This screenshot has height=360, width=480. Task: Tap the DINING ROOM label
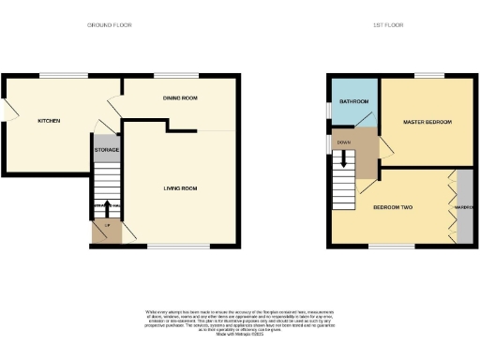pyautogui.click(x=179, y=97)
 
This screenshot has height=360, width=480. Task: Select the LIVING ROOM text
pyautogui.click(x=181, y=188)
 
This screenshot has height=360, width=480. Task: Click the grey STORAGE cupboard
pyautogui.click(x=105, y=148)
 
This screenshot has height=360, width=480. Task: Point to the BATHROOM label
pyautogui.click(x=353, y=101)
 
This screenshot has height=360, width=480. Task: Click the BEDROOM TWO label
pyautogui.click(x=394, y=206)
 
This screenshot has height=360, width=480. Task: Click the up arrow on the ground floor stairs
pyautogui.click(x=108, y=208)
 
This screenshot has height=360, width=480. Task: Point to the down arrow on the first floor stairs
pyautogui.click(x=343, y=162)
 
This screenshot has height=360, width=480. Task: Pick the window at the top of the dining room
pyautogui.click(x=169, y=74)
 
